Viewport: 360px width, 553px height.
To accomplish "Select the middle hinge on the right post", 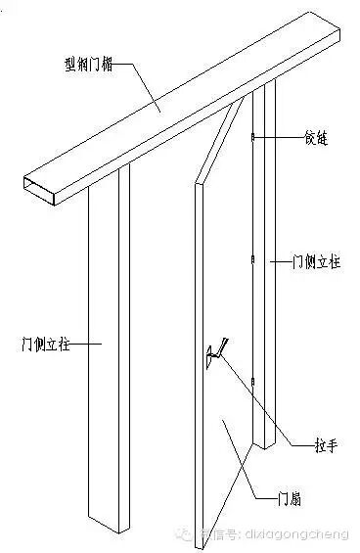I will coord(252,261).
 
